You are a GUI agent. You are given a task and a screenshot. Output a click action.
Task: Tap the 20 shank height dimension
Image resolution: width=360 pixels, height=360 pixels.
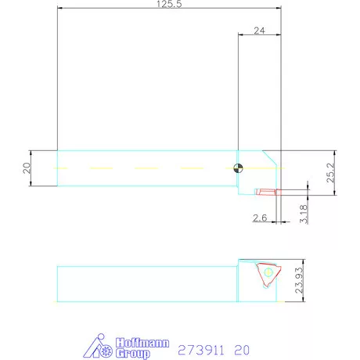pyautogui.click(x=26, y=167)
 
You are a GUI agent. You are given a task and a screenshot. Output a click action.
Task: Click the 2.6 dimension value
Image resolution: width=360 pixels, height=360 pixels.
pyautogui.click(x=259, y=217)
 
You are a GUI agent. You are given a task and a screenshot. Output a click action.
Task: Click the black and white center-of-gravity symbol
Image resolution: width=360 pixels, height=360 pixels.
pyautogui.click(x=238, y=167)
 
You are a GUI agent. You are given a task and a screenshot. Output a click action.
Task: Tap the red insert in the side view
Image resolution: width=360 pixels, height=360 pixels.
pyautogui.click(x=265, y=190)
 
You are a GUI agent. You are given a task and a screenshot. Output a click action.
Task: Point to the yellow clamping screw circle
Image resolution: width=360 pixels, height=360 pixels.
pyautogui.click(x=268, y=272)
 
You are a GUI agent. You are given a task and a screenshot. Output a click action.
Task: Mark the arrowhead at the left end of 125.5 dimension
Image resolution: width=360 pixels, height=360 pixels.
pyautogui.click(x=59, y=9)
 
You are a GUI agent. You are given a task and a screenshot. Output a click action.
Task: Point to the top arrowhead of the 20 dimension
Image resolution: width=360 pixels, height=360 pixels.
pyautogui.click(x=31, y=151)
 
